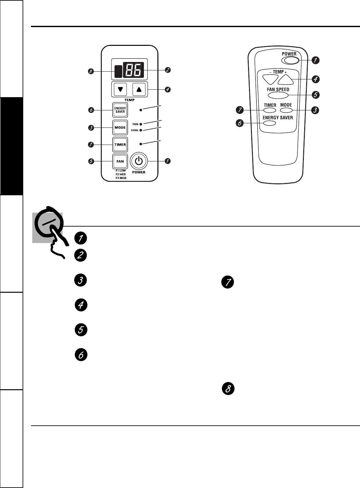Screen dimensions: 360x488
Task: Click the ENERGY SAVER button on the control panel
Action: point(120,110)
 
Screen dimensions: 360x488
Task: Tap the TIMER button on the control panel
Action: point(120,145)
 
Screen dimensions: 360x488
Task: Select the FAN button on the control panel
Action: point(120,161)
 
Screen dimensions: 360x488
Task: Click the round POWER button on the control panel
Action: point(139,161)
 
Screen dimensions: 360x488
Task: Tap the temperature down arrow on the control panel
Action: point(120,89)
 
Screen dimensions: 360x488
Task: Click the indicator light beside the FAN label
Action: point(141,124)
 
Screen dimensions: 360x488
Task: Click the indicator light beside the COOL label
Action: point(141,130)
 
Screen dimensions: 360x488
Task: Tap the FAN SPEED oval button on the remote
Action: point(278,95)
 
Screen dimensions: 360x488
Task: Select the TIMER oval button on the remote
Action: point(270,110)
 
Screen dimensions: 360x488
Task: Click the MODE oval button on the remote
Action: point(286,110)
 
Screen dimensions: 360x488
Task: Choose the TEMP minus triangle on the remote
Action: point(270,79)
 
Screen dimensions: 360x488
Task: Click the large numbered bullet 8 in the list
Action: point(228,389)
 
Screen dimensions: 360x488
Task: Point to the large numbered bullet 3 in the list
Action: point(81,280)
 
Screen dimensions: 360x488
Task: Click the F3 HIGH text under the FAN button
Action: point(121,178)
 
